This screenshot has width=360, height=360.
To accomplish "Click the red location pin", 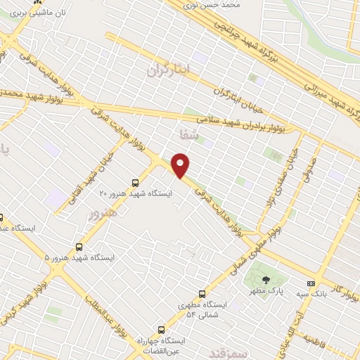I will pos(181,165).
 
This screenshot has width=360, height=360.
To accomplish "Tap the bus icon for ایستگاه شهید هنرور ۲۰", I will pos(136,183).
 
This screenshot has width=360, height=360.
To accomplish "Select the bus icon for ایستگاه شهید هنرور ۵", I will pos(79,247).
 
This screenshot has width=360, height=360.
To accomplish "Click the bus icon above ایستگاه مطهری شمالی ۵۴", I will pos(202,294).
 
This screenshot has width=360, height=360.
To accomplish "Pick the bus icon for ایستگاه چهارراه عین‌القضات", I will pos(161,329).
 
